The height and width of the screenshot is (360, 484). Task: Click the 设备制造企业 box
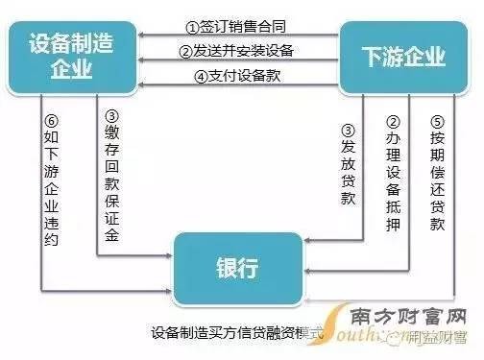(x=72, y=56)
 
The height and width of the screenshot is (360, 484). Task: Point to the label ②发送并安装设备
(x=237, y=51)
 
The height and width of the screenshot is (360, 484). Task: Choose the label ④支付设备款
(x=237, y=77)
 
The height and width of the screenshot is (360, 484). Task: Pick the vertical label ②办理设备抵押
(x=392, y=178)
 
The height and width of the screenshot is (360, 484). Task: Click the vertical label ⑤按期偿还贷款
(x=437, y=178)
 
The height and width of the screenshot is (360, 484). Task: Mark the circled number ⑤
(x=437, y=123)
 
